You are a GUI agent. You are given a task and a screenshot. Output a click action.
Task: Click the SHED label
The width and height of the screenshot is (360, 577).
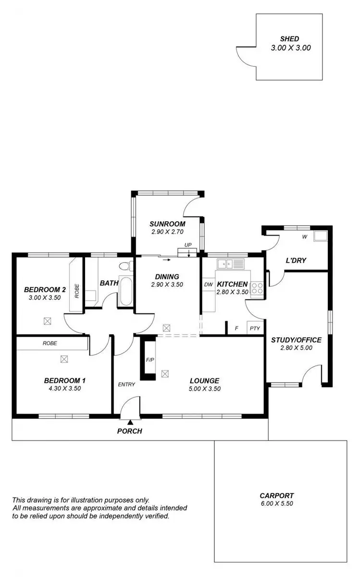[289, 39]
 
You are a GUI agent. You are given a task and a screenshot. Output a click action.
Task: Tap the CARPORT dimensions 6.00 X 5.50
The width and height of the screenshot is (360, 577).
[276, 503]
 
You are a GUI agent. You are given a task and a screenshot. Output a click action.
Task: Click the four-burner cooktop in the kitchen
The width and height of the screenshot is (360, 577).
[257, 288]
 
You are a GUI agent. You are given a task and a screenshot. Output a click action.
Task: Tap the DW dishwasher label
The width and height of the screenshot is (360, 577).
[208, 285]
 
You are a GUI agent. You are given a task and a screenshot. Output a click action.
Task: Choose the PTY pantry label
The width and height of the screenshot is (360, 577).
[254, 329]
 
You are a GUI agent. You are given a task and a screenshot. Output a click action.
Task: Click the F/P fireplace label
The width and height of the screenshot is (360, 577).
[149, 359]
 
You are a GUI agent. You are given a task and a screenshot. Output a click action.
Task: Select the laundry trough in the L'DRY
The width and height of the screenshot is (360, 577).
[321, 236]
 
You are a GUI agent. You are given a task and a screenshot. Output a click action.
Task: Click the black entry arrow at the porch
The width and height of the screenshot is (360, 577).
[130, 422]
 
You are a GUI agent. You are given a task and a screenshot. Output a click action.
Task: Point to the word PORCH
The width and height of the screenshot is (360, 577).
[130, 431]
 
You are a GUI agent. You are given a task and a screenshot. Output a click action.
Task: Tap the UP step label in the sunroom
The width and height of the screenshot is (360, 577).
[188, 245]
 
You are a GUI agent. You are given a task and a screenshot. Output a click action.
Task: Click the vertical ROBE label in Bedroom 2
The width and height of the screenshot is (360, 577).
[76, 291]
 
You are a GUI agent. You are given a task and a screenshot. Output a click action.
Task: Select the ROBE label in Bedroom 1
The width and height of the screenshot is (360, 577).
[50, 343]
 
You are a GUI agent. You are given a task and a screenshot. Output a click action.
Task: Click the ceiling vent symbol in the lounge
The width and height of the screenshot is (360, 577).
[166, 373]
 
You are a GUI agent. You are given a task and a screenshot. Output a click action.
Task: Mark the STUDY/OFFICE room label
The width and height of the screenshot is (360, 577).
[296, 340]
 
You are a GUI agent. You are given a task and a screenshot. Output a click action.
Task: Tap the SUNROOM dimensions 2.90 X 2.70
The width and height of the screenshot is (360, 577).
[167, 232]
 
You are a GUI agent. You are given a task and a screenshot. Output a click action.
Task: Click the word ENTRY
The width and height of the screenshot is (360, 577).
[126, 384]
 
